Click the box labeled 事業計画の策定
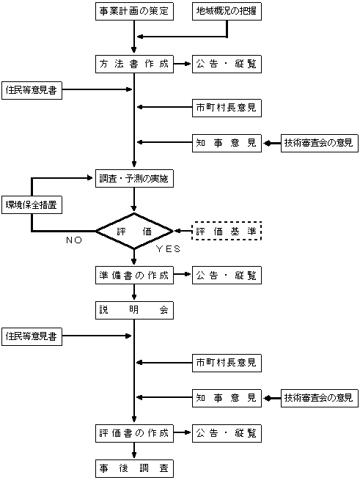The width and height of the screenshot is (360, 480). coord(134,11)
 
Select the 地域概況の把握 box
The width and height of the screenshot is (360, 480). coord(227,11)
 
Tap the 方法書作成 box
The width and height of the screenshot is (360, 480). coord(134,64)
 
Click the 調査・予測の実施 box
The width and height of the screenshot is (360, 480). coord(134,178)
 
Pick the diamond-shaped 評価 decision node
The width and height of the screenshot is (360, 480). coord(134,231)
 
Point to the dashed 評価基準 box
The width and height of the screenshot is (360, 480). coord(227,231)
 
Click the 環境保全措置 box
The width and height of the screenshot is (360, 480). coord(32,204)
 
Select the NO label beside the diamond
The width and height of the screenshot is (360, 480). coord(74,240)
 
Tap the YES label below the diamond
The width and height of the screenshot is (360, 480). coord(168,249)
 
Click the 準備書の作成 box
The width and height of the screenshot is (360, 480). coord(134,276)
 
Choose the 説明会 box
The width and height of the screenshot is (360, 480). coord(134,310)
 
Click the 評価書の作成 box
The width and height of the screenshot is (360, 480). coord(134,433)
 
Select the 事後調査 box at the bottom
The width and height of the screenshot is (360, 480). coord(134,468)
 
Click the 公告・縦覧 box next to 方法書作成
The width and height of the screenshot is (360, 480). coord(227,64)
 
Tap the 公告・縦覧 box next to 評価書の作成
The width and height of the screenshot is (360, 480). coord(227,433)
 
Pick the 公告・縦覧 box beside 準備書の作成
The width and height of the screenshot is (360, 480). coord(227,276)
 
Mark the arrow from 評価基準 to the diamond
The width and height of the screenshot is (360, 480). coord(183,231)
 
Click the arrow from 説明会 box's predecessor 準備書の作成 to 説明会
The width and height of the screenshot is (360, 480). coord(134,292)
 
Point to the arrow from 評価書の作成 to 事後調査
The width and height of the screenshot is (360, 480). coord(134,451)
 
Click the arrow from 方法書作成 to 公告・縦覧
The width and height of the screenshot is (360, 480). coord(183,64)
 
